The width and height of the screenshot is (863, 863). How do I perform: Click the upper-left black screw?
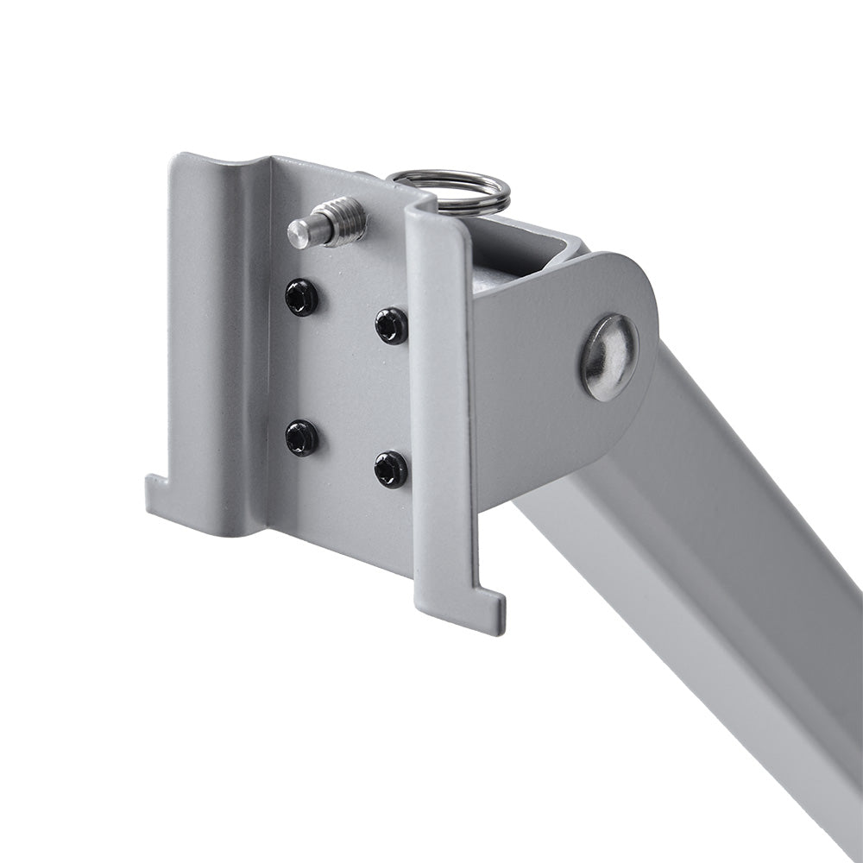pyautogui.click(x=302, y=298)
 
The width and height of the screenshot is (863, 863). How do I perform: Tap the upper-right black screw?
pyautogui.click(x=392, y=325)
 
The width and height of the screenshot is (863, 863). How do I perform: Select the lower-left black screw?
pyautogui.click(x=302, y=438)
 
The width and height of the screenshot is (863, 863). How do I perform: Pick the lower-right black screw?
pyautogui.click(x=392, y=469)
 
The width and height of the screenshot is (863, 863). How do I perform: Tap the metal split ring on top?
pyautogui.click(x=449, y=190)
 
